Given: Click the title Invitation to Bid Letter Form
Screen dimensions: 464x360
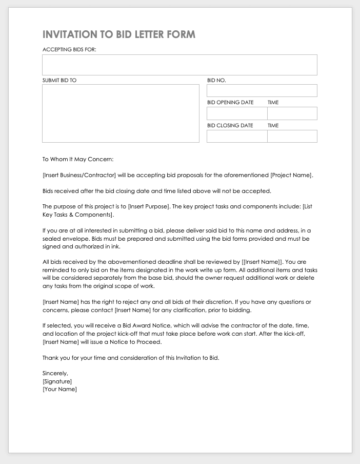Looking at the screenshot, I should coord(118,34).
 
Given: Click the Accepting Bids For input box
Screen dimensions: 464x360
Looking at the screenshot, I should coord(179,65).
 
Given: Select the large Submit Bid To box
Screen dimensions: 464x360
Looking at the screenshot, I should coord(121,113).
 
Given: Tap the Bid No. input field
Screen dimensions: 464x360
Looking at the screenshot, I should coord(262,91).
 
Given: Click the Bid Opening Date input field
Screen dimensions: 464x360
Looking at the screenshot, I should coord(237,113).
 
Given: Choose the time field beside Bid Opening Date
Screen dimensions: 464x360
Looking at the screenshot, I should coord(292,113).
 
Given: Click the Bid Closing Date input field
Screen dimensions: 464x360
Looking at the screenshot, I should coord(237,136).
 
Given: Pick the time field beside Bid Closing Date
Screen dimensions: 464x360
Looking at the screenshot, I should coord(292,136).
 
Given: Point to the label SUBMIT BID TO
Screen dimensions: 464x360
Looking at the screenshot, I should coord(59,81).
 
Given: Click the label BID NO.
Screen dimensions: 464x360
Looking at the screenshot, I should coord(216,81).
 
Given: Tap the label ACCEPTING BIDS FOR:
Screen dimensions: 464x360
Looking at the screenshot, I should coord(69,50).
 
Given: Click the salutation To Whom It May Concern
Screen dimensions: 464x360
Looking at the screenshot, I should coord(78,159).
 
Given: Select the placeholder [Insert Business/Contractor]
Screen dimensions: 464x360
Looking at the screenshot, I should coord(79,175).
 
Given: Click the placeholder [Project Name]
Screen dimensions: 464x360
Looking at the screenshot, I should coord(291,175).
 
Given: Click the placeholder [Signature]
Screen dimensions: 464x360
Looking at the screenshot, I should coord(57,381).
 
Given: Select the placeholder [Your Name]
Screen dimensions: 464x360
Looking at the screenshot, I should coord(59,390).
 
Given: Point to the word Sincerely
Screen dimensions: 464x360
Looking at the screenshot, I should coord(55,373).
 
